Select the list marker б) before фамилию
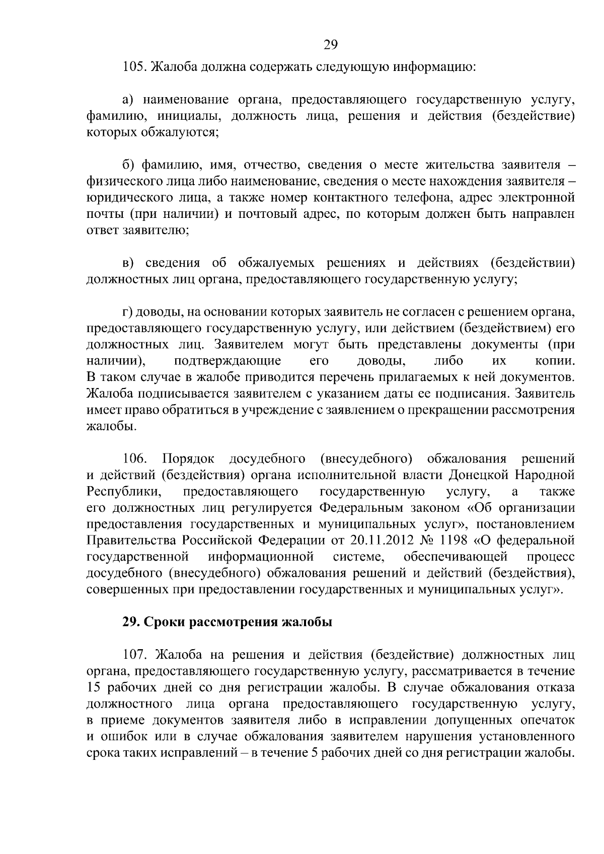pyautogui.click(x=128, y=165)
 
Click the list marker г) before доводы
pyautogui.click(x=127, y=312)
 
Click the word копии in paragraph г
pyautogui.click(x=555, y=361)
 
